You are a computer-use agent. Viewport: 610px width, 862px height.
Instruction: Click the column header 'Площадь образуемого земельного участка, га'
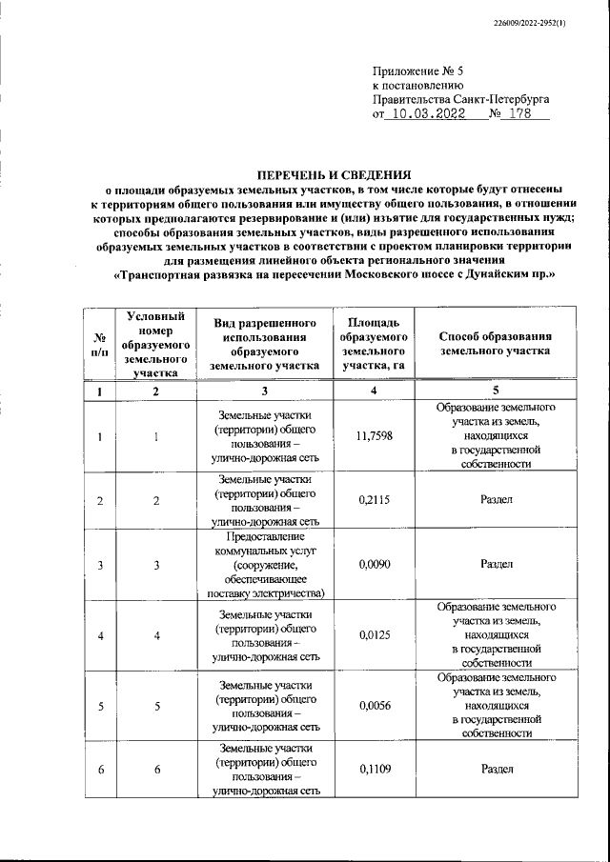click(x=374, y=345)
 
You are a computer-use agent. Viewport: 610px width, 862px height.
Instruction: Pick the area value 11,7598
click(x=374, y=436)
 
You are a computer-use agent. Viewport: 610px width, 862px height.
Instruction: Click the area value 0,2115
click(x=374, y=500)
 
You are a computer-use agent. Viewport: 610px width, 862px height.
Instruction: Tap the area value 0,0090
click(x=374, y=564)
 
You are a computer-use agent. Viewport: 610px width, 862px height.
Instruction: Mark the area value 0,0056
click(x=374, y=706)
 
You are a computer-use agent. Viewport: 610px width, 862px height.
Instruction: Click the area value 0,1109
click(x=374, y=769)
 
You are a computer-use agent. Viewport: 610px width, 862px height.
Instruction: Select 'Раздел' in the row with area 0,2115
click(x=497, y=500)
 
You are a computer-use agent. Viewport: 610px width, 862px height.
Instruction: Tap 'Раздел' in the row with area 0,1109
click(x=497, y=769)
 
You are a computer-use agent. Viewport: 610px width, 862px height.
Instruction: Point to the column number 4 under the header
click(x=374, y=391)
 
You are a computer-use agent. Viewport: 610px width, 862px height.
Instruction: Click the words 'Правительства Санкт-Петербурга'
click(x=460, y=99)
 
